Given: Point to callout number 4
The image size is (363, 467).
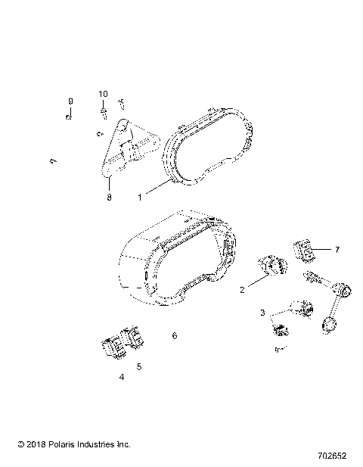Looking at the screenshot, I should pyautogui.click(x=121, y=376).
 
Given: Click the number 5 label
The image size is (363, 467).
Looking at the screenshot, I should pyautogui.click(x=138, y=366).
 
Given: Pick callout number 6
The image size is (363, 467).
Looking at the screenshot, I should pyautogui.click(x=174, y=335).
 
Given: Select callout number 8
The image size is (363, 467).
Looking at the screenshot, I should pyautogui.click(x=109, y=197).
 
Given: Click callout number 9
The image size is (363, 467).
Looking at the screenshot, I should pyautogui.click(x=70, y=101).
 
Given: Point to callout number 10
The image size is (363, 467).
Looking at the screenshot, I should pyautogui.click(x=103, y=93).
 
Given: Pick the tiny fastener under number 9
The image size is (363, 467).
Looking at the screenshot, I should pyautogui.click(x=69, y=117).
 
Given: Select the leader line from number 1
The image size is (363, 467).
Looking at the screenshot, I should pyautogui.click(x=155, y=189).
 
